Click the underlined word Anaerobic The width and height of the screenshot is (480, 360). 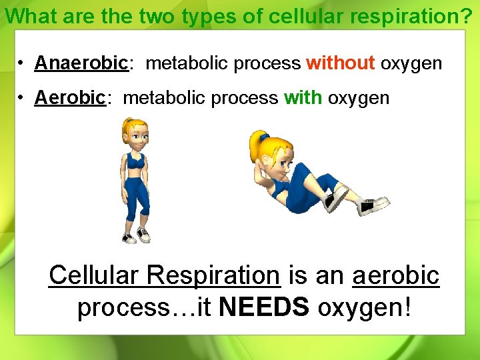pyautogui.click(x=81, y=63)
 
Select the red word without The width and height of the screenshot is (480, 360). pyautogui.click(x=340, y=63)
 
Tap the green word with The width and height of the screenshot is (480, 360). pyautogui.click(x=303, y=98)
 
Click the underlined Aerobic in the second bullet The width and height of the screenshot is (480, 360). pyautogui.click(x=70, y=98)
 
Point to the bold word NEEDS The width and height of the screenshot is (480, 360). pyautogui.click(x=264, y=307)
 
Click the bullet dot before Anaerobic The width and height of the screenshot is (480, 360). pyautogui.click(x=22, y=64)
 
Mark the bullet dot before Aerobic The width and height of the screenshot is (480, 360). pyautogui.click(x=22, y=99)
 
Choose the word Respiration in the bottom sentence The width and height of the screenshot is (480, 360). pyautogui.click(x=214, y=275)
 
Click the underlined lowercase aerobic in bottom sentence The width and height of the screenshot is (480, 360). pyautogui.click(x=396, y=275)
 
